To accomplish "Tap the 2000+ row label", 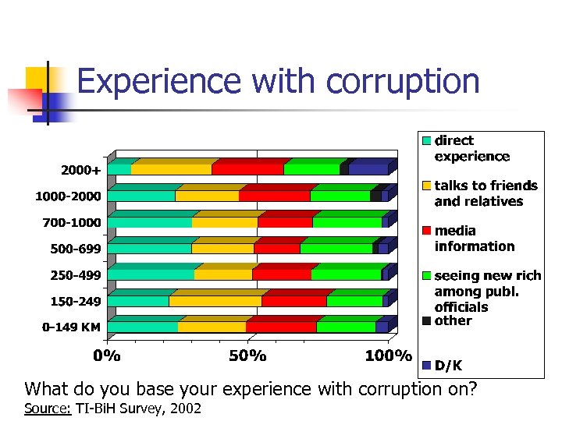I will (80, 169).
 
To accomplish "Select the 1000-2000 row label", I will (68, 196).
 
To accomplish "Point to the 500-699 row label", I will (71, 249).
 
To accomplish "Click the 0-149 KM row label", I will (71, 327).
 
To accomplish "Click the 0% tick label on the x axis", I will (108, 356).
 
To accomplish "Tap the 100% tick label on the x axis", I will (388, 356).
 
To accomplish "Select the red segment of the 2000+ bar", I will (247, 168).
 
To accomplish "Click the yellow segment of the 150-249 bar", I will (215, 301).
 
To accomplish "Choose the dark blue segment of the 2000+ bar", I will (368, 168).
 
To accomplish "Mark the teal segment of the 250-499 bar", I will (151, 274).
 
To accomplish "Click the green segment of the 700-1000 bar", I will (347, 222).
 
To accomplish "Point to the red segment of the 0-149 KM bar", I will (281, 327).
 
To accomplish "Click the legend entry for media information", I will (474, 239).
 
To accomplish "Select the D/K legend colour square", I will (426, 365).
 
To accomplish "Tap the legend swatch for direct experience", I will (426, 141).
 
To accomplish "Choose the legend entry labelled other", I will (453, 320).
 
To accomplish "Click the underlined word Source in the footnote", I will (48, 408).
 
